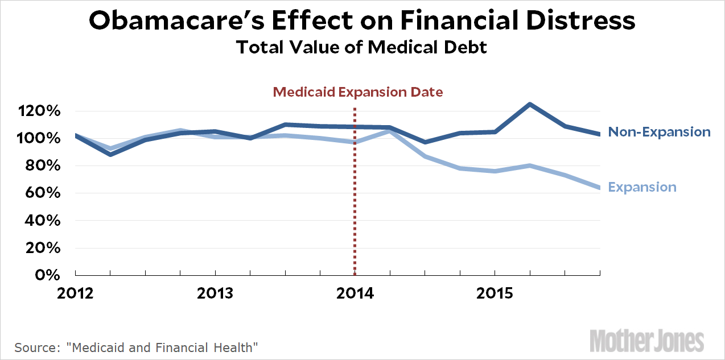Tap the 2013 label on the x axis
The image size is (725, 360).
[215, 293]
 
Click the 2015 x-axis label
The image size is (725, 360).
[495, 293]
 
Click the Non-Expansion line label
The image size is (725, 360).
[659, 132]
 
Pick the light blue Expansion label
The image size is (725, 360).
[642, 187]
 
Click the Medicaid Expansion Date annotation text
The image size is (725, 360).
[357, 92]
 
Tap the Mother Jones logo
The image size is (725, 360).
[646, 340]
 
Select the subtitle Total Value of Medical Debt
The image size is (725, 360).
[362, 47]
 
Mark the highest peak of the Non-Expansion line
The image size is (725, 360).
[530, 104]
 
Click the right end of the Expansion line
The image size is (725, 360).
[599, 188]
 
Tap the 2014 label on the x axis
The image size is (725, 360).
[355, 293]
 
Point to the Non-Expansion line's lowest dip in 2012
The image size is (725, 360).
[110, 154]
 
